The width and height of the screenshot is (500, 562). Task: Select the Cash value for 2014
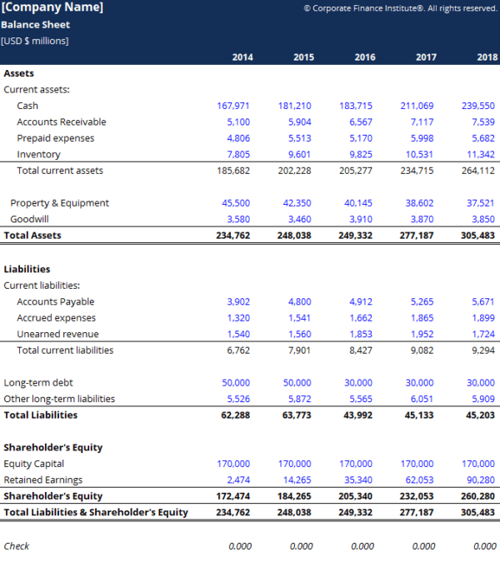click(233, 106)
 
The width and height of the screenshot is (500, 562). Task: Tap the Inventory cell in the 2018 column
click(481, 155)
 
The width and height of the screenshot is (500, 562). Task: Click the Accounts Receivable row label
click(61, 122)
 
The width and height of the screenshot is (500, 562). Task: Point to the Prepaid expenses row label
click(55, 138)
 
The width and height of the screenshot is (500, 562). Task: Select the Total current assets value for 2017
click(417, 171)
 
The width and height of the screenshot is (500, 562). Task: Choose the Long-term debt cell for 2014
click(236, 383)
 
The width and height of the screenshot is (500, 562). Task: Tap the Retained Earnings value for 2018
click(481, 480)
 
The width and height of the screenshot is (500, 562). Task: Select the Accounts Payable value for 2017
click(422, 302)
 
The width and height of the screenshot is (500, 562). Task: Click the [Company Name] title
click(52, 8)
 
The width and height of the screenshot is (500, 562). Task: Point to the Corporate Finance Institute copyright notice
click(400, 8)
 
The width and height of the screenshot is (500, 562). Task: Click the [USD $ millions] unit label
click(35, 41)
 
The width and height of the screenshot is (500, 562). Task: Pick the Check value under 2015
click(301, 546)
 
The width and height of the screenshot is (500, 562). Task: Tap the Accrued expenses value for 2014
click(238, 318)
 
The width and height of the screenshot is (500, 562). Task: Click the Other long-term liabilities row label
click(59, 400)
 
